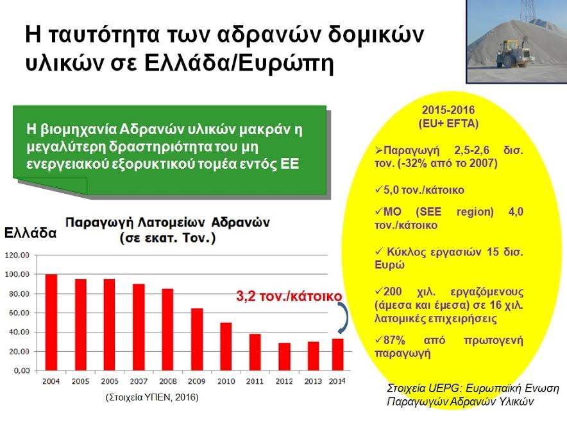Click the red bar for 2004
(51, 322)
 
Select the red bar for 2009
(197, 339)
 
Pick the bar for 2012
(284, 356)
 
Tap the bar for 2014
(338, 354)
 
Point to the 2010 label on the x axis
(226, 381)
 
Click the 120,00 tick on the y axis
(17, 256)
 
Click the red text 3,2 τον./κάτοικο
(289, 296)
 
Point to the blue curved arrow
(346, 318)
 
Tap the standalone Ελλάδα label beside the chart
(30, 233)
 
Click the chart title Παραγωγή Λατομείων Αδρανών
(167, 222)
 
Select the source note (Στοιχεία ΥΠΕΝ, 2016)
(152, 397)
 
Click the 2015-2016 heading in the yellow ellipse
(448, 110)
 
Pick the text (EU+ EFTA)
(448, 124)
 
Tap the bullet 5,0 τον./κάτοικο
(419, 190)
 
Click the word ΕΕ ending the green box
(290, 164)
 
